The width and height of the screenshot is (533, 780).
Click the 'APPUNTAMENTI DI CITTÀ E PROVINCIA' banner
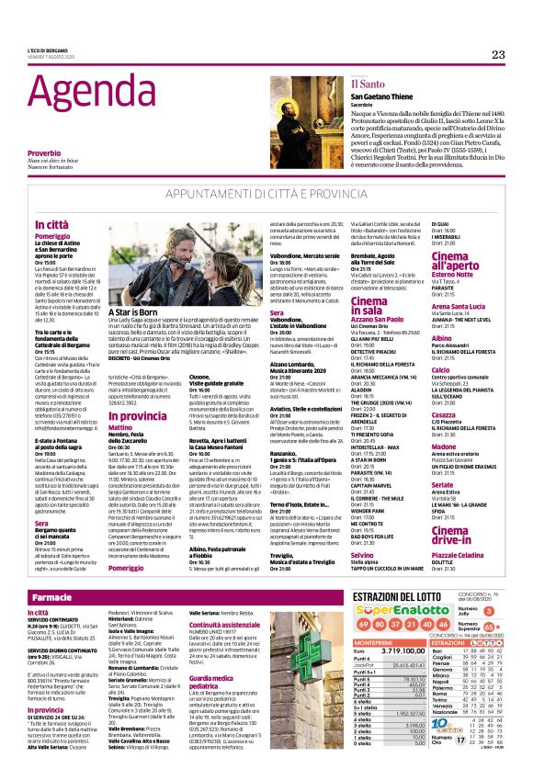(266, 196)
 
